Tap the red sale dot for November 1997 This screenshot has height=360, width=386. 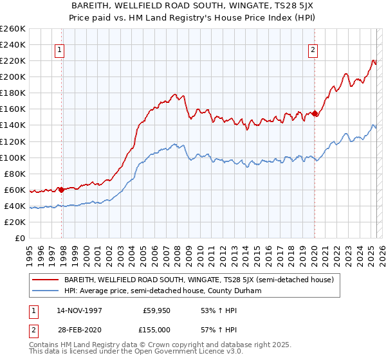(62, 189)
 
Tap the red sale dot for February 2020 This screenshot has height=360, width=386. (315, 113)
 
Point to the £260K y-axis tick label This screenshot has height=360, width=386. (12, 29)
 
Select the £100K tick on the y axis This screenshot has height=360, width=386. (12, 157)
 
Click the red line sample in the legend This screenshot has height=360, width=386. (45, 280)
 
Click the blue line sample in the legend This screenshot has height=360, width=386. (45, 291)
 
